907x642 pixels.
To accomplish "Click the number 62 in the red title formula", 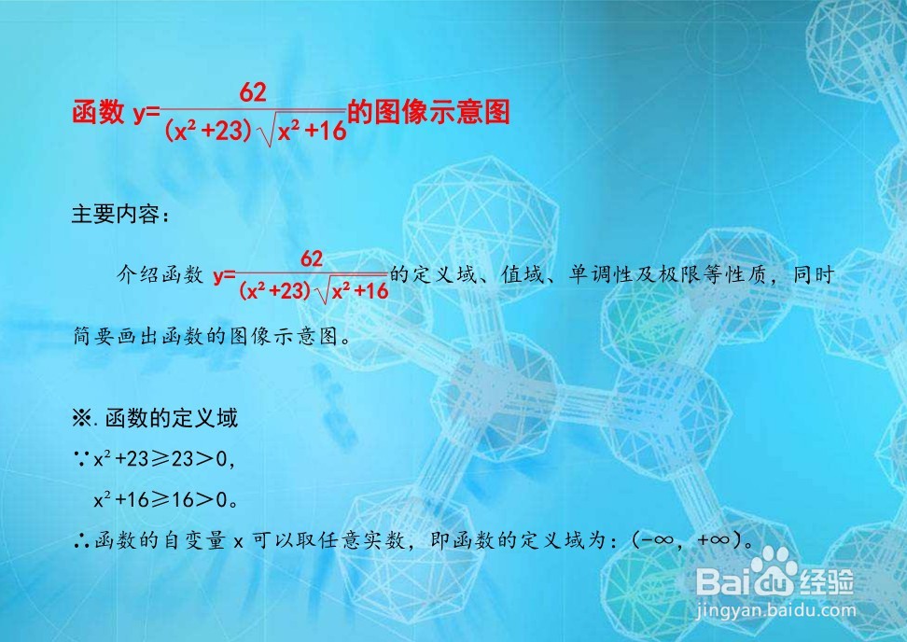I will pyautogui.click(x=254, y=92).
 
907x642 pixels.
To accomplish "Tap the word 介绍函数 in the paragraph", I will pyautogui.click(x=160, y=275).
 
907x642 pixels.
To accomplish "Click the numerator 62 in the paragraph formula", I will pyautogui.click(x=312, y=257).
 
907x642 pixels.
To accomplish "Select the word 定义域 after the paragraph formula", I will pyautogui.click(x=443, y=275).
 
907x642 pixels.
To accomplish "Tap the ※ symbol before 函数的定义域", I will pyautogui.click(x=81, y=417).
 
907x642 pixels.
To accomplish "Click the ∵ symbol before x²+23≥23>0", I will pyautogui.click(x=80, y=458).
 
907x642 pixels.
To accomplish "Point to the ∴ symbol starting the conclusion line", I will pyautogui.click(x=80, y=539).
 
